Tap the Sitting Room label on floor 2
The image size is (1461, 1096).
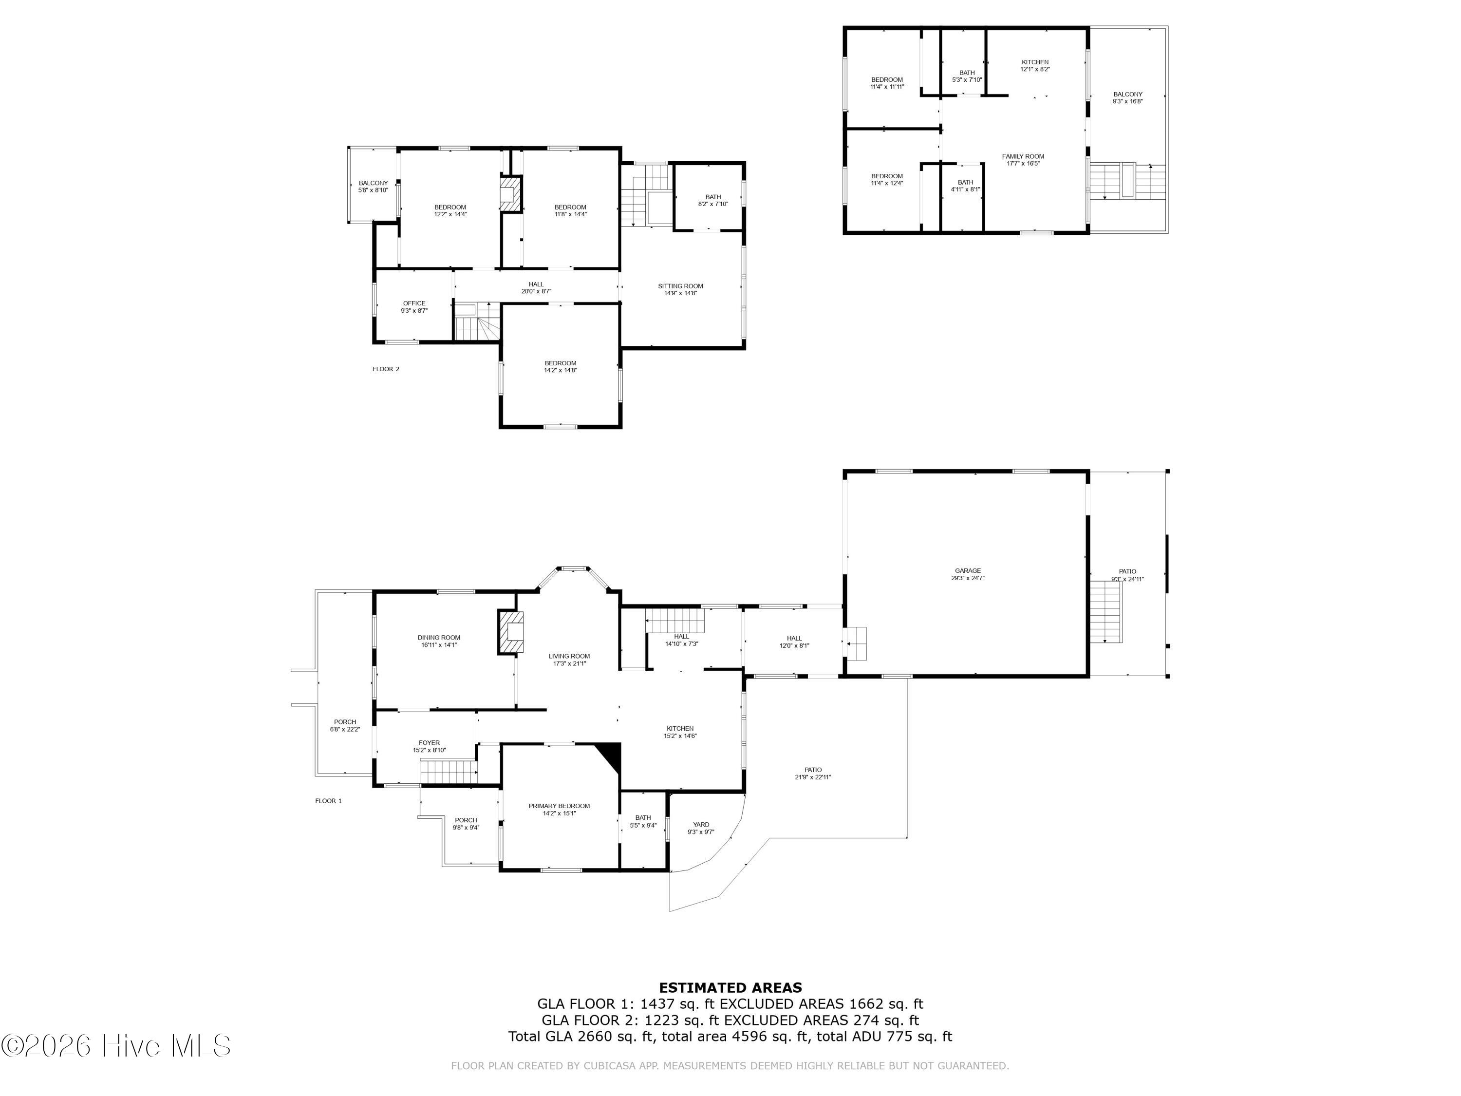(680, 286)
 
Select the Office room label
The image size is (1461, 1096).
(414, 303)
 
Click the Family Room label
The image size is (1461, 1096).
(1022, 156)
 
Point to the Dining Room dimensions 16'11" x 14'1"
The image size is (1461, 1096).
(439, 645)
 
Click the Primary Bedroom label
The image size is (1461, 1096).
(559, 806)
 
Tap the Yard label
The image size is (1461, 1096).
(701, 825)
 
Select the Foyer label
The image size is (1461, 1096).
(429, 742)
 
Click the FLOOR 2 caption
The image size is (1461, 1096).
(386, 369)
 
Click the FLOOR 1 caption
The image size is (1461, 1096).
(328, 801)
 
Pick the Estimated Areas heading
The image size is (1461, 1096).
(730, 988)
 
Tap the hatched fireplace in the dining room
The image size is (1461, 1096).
(510, 632)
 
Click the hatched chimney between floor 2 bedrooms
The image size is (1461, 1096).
(510, 193)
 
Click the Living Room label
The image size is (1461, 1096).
(569, 656)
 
